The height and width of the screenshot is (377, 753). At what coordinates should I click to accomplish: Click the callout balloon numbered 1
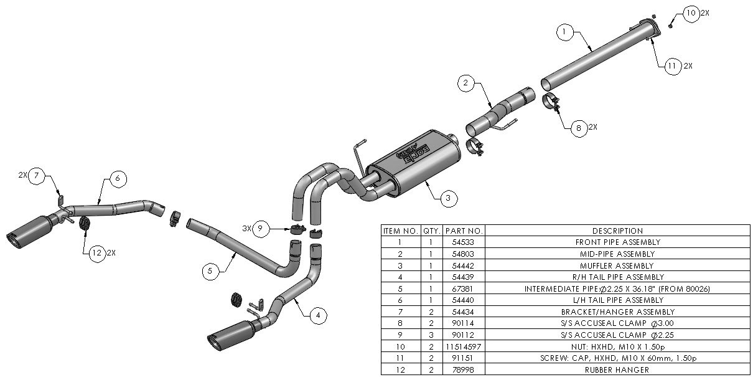[x=564, y=31]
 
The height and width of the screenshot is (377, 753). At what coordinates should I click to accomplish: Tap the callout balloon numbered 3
[x=447, y=199]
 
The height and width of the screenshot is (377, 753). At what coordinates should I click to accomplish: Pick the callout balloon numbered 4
[x=318, y=316]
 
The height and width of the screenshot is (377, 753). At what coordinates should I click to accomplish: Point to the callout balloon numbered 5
[x=210, y=270]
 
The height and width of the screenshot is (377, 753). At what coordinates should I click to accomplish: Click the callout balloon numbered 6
[x=118, y=178]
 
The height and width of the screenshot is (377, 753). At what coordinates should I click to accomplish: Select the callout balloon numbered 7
[x=37, y=176]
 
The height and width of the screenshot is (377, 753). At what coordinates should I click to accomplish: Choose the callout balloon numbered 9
[x=261, y=229]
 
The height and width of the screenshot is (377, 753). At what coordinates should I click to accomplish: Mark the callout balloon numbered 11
[x=671, y=65]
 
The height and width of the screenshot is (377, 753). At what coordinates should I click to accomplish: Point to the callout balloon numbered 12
[x=95, y=253]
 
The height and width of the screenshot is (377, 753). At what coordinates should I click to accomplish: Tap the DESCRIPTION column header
[x=617, y=231]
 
